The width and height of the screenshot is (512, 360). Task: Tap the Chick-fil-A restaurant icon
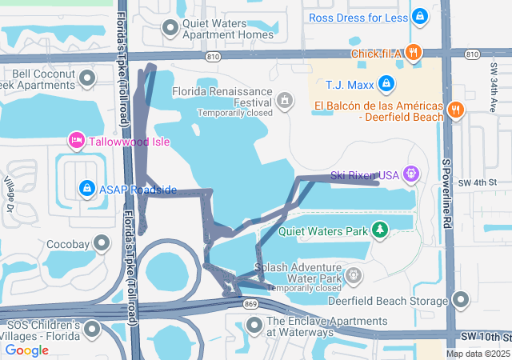413,54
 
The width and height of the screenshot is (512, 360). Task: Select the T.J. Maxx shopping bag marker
386,83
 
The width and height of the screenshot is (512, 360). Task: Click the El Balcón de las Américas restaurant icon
455,110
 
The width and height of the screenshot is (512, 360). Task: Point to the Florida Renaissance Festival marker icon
284,100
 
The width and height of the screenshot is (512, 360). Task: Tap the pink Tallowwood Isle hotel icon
77,142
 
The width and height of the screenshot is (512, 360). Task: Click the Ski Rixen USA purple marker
411,173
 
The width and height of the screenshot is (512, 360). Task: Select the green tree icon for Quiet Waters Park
380,231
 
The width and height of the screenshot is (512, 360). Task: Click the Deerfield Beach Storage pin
460,301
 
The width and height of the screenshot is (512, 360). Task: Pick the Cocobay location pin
102,243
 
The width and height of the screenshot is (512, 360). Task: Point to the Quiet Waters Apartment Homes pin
170,28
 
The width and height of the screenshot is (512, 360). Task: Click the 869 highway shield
250,304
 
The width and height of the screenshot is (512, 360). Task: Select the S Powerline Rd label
448,191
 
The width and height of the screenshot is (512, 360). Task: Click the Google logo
27,350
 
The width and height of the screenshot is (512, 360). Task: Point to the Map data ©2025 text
477,354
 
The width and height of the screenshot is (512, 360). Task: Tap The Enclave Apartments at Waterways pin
254,325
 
